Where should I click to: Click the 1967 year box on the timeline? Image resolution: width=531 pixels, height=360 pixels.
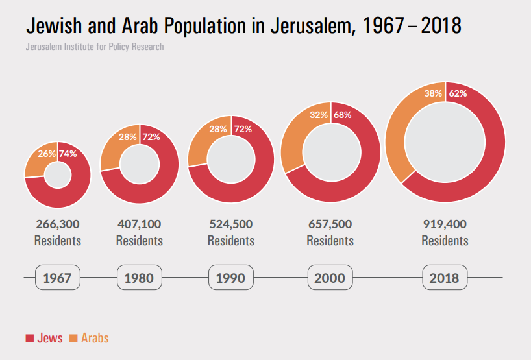point(58,278)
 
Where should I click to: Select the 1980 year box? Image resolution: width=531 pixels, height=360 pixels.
point(139,278)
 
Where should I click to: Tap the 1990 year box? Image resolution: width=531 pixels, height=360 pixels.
point(231,278)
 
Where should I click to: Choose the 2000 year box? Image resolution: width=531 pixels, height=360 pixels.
point(330,278)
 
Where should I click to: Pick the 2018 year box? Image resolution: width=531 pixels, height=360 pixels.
point(444,278)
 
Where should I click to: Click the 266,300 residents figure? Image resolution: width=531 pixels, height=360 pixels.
point(58,224)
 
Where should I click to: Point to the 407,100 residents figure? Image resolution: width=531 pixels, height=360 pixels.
point(140,224)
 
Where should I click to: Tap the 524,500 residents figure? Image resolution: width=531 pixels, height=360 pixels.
point(231,224)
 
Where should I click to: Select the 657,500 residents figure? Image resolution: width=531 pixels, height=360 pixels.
point(330,224)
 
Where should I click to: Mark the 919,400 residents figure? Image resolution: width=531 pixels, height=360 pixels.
point(445,224)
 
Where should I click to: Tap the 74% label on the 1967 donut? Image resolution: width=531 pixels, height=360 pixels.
point(68,154)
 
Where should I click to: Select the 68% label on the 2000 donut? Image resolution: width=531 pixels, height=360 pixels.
point(342,115)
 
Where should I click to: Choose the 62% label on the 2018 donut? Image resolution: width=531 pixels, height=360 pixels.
point(458,93)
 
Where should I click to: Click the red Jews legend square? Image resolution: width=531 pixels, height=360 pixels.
point(29,339)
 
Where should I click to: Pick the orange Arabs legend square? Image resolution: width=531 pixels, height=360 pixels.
point(73,339)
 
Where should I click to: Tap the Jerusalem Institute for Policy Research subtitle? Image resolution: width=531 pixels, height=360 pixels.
point(95,47)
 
